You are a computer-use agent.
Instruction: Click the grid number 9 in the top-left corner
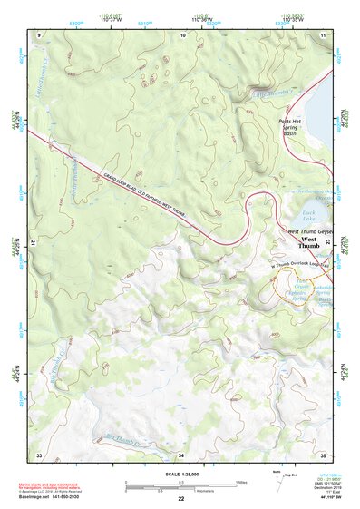39,34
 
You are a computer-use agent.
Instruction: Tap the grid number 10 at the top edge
182,34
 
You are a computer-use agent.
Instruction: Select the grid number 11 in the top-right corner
323,34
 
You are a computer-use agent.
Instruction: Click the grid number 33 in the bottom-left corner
39,454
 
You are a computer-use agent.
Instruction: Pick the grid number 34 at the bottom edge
181,454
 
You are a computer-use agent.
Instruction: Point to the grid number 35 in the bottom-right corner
323,454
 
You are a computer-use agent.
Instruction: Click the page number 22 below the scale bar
181,499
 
